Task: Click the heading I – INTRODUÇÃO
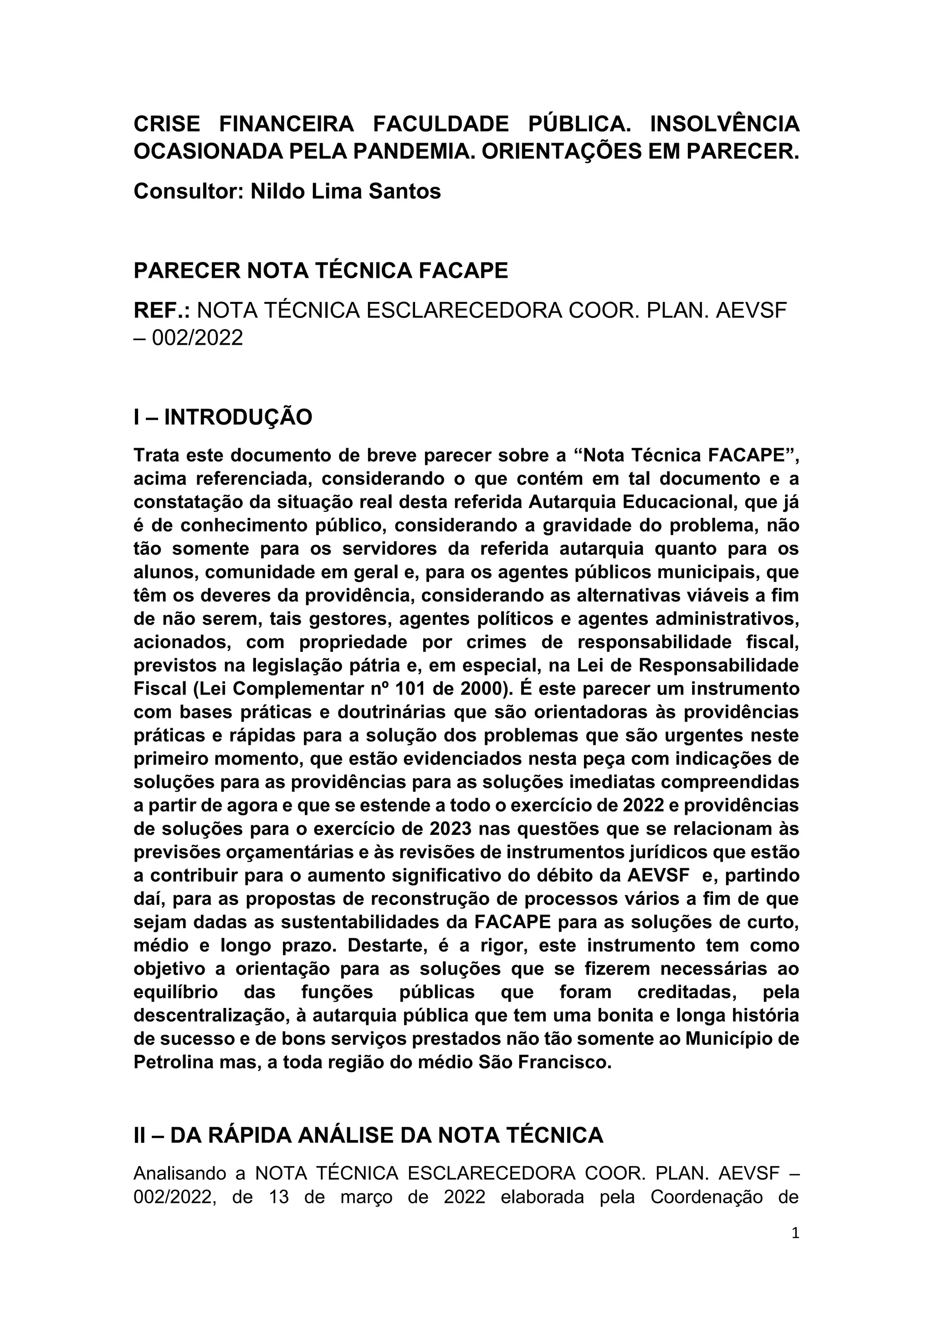(223, 417)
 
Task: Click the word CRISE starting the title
(167, 123)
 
